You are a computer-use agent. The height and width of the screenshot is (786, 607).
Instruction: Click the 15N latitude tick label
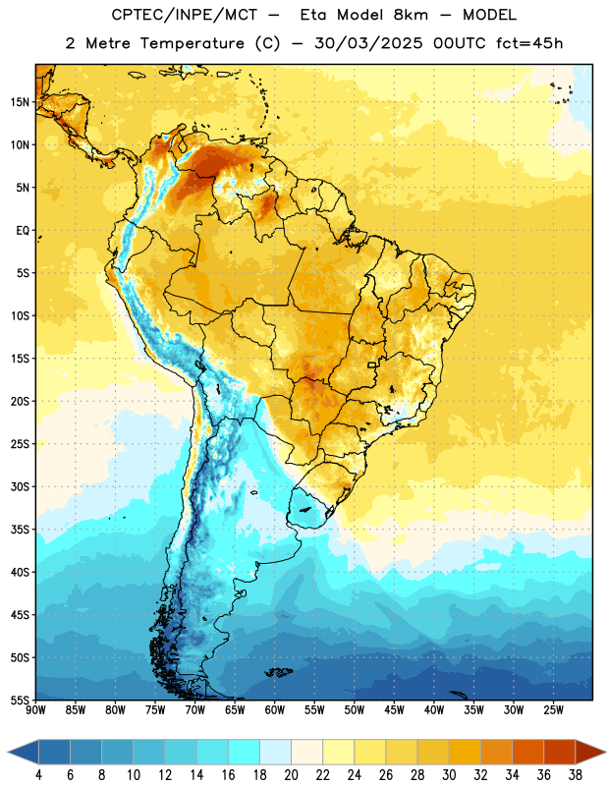[20, 102]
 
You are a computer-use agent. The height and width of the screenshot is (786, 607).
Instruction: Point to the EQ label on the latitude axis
[23, 231]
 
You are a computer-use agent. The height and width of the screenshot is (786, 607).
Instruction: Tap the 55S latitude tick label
[20, 701]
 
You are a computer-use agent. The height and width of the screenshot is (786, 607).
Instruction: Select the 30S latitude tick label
[20, 486]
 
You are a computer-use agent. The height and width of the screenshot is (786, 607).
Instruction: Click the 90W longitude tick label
[35, 710]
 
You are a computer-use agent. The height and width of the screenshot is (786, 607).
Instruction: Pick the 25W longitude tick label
[553, 710]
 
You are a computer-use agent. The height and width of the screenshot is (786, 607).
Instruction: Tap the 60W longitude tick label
[275, 710]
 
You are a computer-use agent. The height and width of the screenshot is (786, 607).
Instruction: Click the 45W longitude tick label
[394, 710]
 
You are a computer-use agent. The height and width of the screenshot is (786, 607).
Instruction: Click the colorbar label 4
[38, 775]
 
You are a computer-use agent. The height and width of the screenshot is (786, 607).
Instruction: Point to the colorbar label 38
[576, 775]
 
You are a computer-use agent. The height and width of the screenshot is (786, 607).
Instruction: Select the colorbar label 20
[291, 775]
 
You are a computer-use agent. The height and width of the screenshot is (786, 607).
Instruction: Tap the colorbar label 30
[449, 775]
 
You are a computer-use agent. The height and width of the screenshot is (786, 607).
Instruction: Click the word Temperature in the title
[193, 43]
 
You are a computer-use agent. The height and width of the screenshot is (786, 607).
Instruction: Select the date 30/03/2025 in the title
[369, 43]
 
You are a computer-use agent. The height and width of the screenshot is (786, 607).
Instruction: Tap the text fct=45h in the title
[529, 43]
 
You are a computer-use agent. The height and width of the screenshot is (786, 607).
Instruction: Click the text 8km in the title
[411, 15]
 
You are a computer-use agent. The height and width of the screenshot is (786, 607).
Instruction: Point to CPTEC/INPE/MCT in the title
[185, 15]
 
